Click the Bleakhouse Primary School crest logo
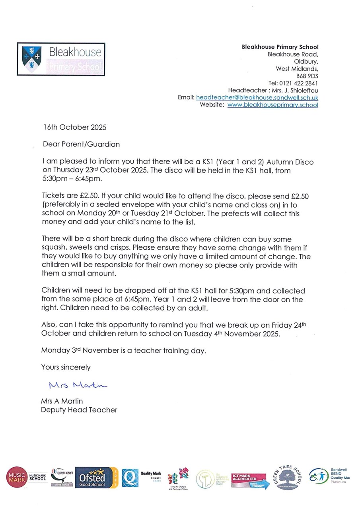pos(32,59)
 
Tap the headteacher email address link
pos(257,98)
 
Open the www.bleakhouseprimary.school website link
pos(272,105)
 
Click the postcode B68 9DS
pos(307,76)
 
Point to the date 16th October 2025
pos(75,128)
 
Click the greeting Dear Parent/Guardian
pos(81,144)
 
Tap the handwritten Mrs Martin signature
pos(78,385)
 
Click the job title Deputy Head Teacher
pos(79,410)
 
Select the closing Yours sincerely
pos(66,367)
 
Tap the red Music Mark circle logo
pos(17,477)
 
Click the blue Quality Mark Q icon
pos(130,478)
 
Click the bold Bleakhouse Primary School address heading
pos(280,47)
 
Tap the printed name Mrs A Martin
pos(62,401)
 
